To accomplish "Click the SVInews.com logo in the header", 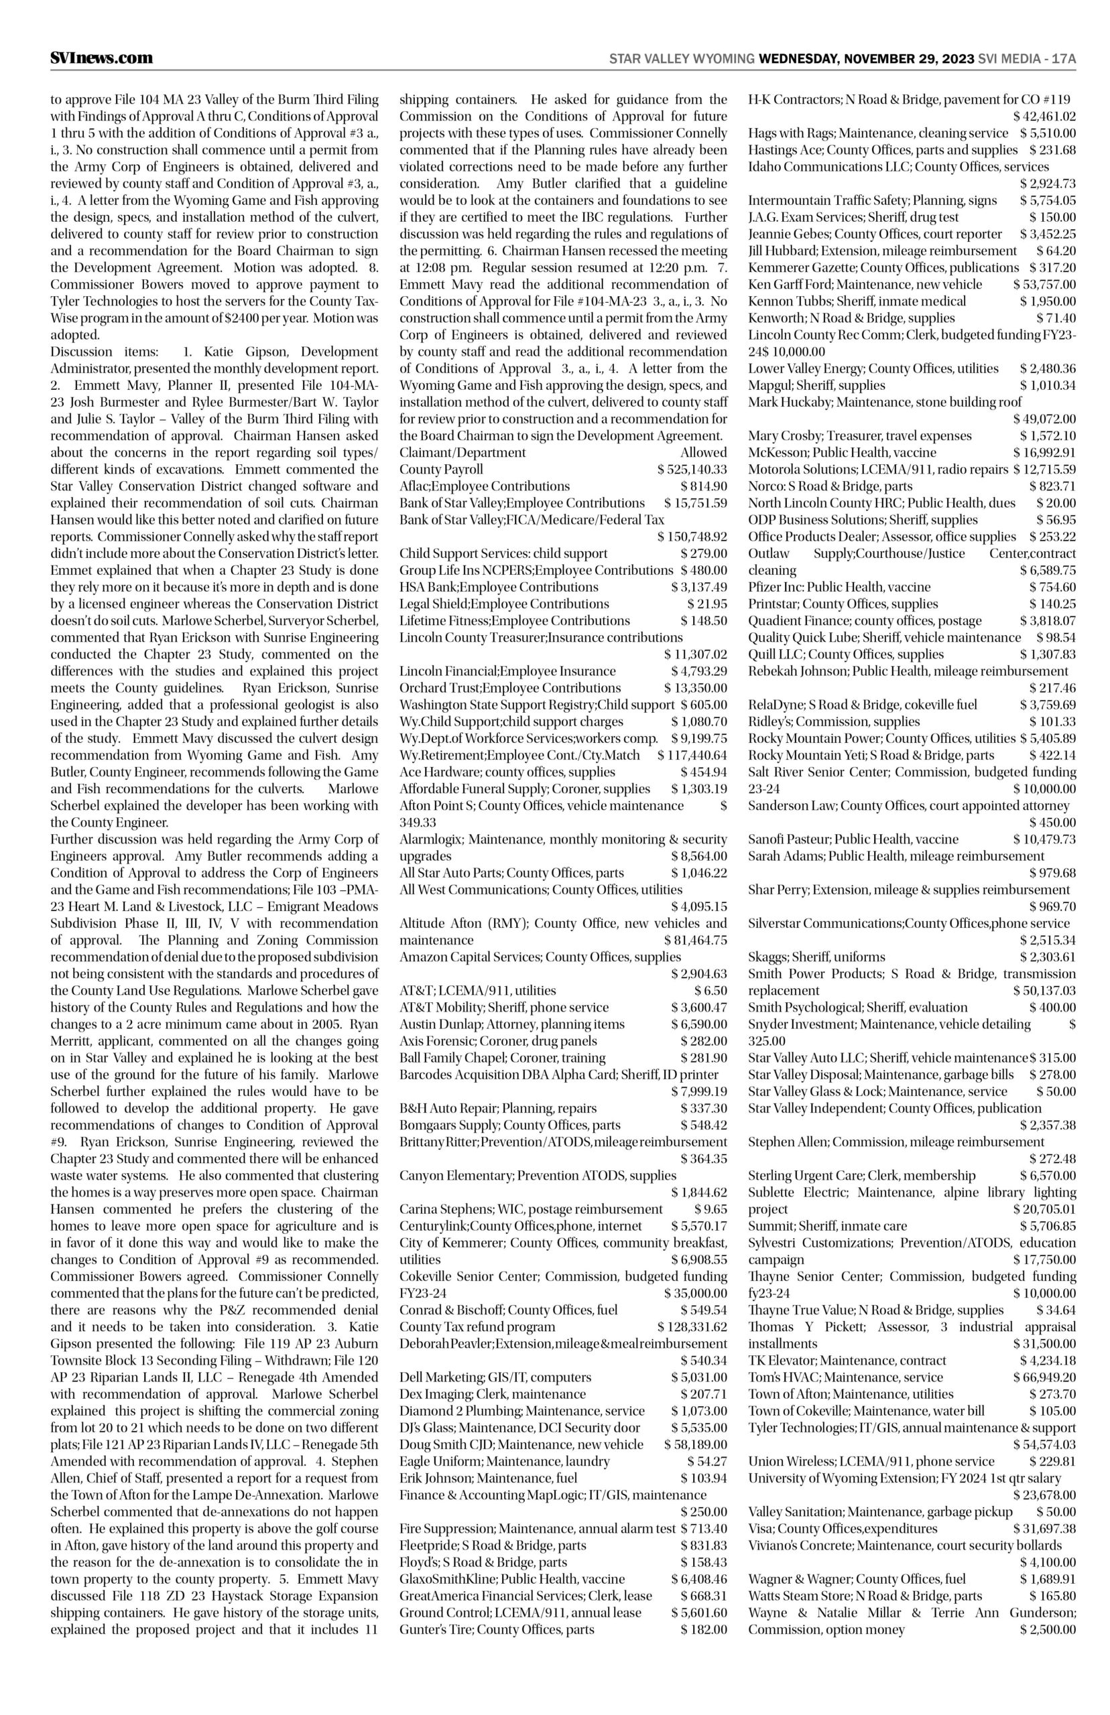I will [102, 58].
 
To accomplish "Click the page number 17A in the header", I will [1063, 59].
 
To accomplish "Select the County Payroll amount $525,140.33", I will [692, 470].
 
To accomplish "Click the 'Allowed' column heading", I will [704, 452].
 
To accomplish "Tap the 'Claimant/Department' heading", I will [462, 452].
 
